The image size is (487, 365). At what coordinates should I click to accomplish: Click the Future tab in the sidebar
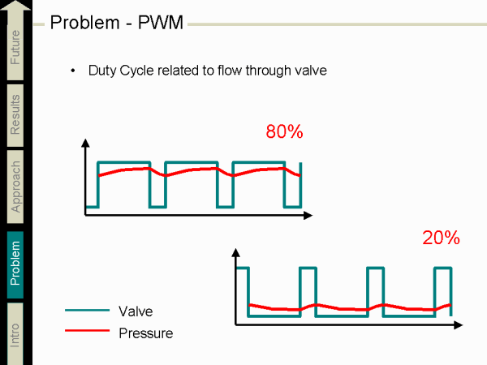(x=16, y=48)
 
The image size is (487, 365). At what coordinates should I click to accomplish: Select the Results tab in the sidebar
(x=16, y=114)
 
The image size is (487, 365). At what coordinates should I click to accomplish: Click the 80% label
(x=284, y=131)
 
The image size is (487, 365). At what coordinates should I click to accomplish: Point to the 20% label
(x=441, y=238)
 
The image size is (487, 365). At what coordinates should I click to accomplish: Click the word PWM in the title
(x=162, y=21)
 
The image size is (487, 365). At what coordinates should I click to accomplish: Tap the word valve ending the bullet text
(x=310, y=71)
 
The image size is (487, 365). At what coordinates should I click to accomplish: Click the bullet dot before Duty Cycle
(x=74, y=71)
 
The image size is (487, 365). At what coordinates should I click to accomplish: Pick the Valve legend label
(x=136, y=311)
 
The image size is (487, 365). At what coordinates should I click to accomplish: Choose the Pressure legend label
(x=145, y=333)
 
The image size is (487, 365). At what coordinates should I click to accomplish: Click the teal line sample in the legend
(x=87, y=310)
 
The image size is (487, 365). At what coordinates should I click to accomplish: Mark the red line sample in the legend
(x=87, y=331)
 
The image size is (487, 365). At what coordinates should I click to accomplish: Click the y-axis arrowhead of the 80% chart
(x=85, y=144)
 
